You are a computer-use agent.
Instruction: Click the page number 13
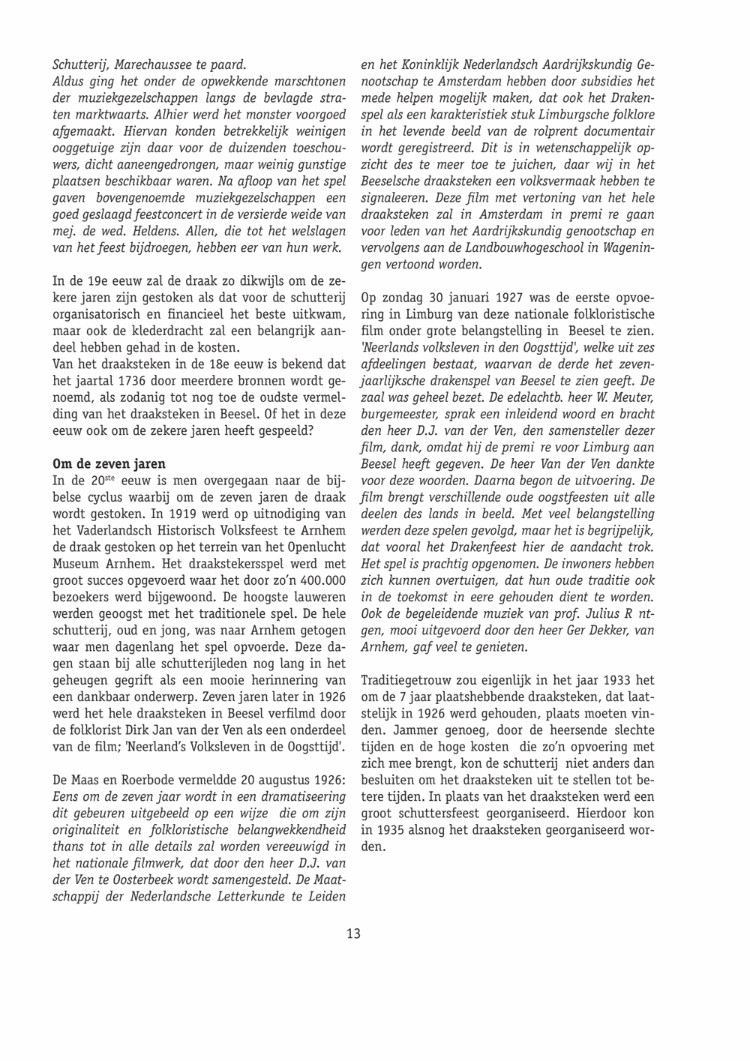[x=353, y=934]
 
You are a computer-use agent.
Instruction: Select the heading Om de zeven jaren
[x=109, y=463]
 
